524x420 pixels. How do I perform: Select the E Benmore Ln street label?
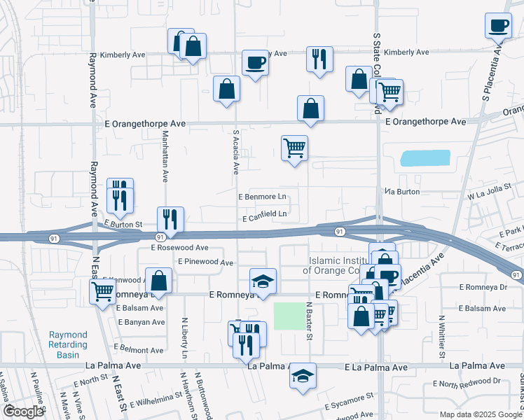(263, 197)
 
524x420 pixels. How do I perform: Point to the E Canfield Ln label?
(265, 214)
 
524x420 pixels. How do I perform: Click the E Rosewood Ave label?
(179, 248)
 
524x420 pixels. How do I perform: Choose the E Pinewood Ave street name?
(205, 262)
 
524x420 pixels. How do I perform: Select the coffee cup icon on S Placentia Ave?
(499, 26)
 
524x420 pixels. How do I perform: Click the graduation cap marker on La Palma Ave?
(303, 376)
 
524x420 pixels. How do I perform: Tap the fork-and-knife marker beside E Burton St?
(170, 219)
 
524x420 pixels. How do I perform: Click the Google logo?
(23, 411)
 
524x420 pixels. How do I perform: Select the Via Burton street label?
(402, 191)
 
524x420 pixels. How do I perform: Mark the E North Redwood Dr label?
(467, 383)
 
